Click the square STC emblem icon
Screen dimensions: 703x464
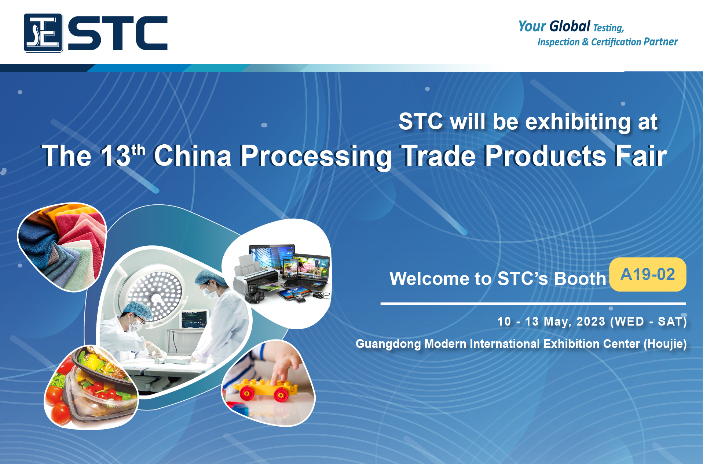point(43,33)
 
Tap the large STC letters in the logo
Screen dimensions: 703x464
point(118,33)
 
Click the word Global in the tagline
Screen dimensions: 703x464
point(570,26)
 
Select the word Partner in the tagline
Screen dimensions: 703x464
point(661,42)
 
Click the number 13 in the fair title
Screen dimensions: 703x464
point(116,155)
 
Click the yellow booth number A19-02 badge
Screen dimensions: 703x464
point(648,274)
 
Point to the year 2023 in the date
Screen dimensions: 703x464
point(591,321)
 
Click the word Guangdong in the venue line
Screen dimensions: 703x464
point(388,344)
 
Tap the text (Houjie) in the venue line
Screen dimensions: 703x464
point(665,344)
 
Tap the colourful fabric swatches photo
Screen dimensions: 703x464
point(62,247)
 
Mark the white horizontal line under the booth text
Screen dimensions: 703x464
point(533,304)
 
